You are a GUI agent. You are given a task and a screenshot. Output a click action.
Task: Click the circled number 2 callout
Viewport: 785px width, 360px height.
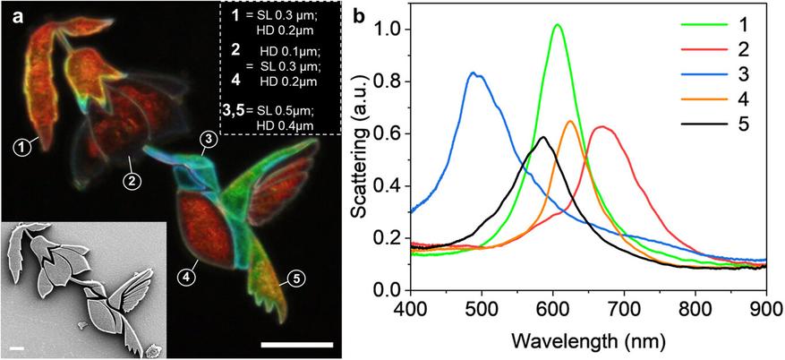tap(131, 181)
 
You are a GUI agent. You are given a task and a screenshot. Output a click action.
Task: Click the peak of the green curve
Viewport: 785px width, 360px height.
tap(558, 25)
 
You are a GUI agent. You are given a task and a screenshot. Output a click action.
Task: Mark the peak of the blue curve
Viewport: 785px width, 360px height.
tap(476, 73)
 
